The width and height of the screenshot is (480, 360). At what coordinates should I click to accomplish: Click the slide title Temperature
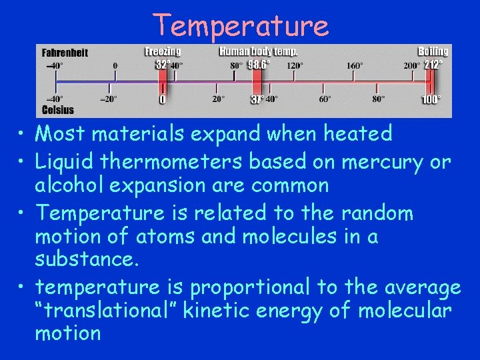241,25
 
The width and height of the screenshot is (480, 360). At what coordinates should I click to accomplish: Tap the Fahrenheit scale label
65,52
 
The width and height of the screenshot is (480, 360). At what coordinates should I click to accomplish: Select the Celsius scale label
58,109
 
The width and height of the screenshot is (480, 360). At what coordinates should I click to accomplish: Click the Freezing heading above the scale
163,51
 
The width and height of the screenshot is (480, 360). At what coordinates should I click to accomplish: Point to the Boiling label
433,51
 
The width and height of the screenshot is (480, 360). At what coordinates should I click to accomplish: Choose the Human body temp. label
259,51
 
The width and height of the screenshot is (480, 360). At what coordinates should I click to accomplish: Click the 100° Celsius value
431,99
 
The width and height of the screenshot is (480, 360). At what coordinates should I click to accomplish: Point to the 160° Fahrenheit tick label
355,66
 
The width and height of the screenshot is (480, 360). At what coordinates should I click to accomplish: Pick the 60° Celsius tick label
325,99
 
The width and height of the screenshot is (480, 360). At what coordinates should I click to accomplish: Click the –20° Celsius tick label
108,99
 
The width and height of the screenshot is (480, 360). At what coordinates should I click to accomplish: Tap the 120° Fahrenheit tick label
294,66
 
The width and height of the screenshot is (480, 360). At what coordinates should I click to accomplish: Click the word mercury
383,162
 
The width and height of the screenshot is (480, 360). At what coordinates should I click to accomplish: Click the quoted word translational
112,310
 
